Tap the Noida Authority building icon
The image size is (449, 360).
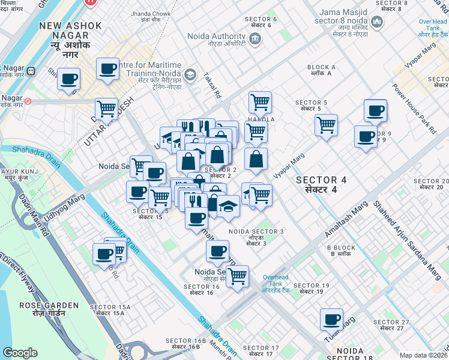point(256,39)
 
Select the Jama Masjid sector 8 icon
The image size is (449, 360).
point(378,23)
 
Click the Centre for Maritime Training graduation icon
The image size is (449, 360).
point(190,74)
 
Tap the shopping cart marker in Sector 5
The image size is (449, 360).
point(326,125)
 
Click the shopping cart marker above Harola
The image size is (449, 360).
point(260,102)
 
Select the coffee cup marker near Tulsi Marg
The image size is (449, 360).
point(331,319)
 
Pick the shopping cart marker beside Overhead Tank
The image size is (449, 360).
point(238,277)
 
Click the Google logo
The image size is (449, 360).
point(20,353)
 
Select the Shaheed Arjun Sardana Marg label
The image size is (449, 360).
point(408,237)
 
